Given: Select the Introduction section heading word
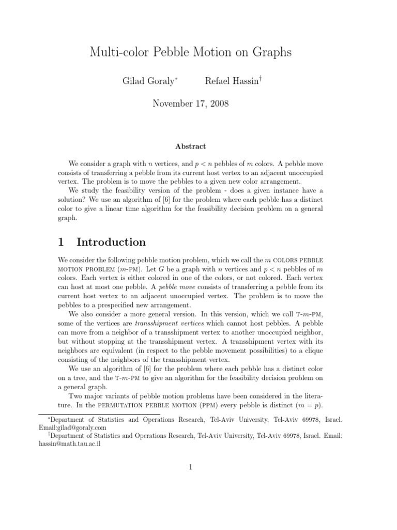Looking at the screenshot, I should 111,242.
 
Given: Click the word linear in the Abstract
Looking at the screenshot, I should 146,209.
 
